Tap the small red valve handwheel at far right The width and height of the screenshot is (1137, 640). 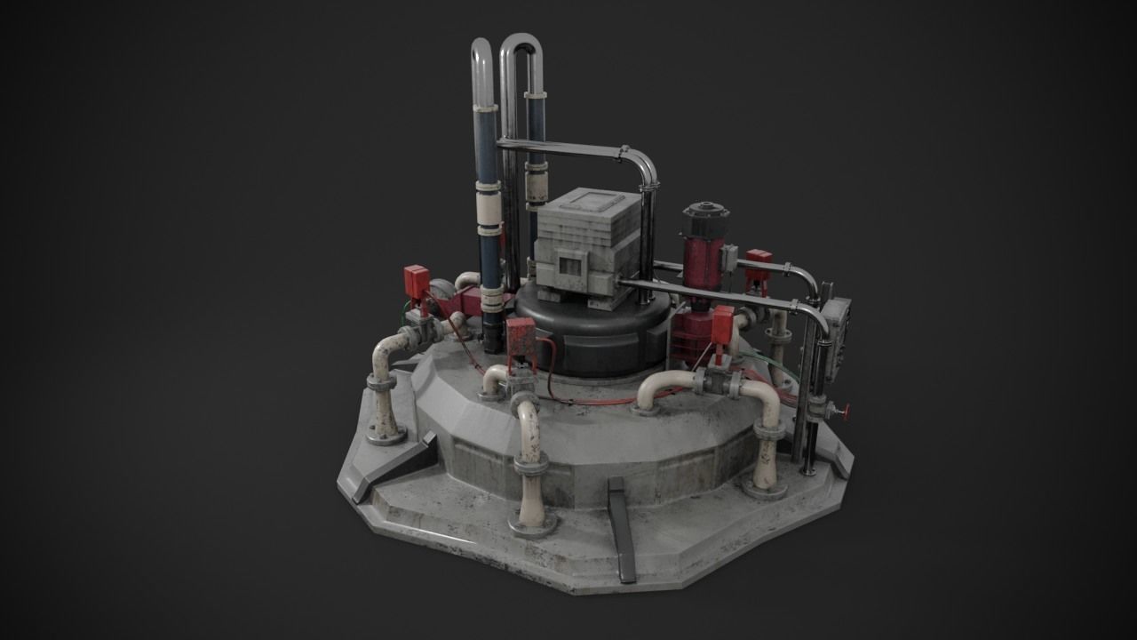click(845, 412)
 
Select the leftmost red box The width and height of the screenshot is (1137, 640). click(416, 281)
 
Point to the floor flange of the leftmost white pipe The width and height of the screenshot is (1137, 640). click(386, 436)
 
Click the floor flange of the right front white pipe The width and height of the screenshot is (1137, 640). click(765, 488)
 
